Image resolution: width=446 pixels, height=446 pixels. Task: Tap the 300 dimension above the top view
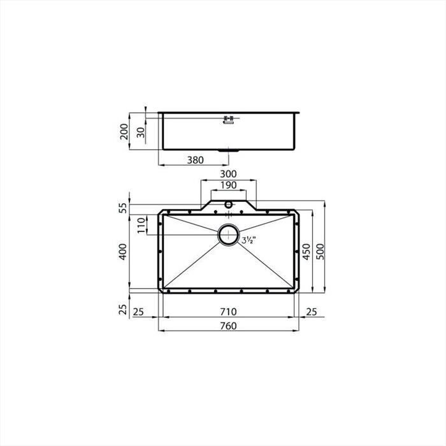point(228,174)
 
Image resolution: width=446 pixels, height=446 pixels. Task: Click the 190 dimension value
point(228,185)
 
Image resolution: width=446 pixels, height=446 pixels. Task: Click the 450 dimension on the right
point(306,252)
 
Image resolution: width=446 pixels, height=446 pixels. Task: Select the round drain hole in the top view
point(228,235)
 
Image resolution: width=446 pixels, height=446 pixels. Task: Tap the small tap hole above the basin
point(228,205)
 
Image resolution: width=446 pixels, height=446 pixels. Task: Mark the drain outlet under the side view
point(228,151)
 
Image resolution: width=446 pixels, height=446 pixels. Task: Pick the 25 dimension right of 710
point(312,312)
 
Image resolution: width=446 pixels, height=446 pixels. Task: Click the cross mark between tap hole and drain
point(228,215)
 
